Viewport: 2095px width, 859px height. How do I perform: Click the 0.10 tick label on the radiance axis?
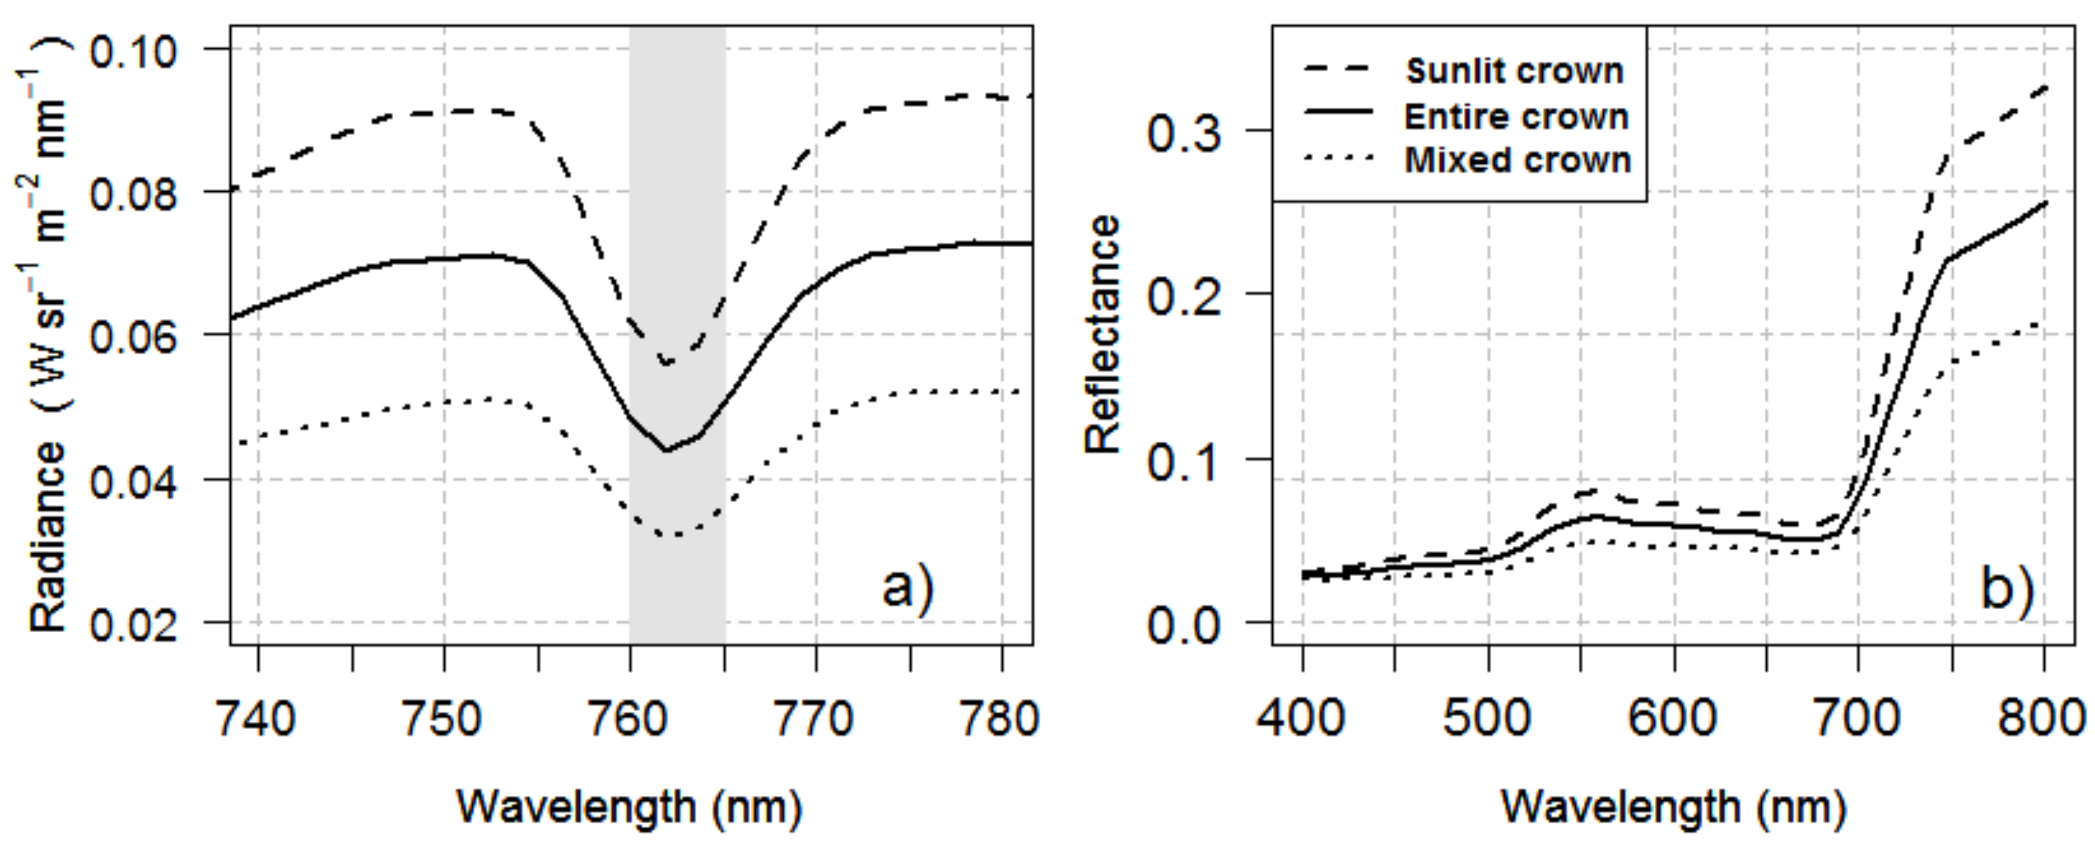tap(132, 52)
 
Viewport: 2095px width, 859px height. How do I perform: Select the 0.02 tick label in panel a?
tap(132, 625)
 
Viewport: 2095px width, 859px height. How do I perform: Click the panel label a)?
tap(908, 587)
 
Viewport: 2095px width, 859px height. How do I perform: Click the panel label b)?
tap(2007, 587)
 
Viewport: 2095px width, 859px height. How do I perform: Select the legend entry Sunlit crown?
tap(1514, 72)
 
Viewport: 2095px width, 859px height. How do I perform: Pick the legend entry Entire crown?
tap(1516, 116)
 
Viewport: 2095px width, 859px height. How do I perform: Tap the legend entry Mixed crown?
tap(1517, 160)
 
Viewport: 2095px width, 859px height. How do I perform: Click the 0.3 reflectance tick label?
tap(1184, 132)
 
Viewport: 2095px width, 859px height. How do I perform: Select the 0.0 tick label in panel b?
tap(1184, 625)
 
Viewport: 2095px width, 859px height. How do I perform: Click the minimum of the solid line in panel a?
tap(666, 450)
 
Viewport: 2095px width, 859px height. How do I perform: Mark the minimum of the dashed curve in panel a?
tap(667, 363)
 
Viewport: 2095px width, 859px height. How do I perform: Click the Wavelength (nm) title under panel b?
tap(1673, 807)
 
